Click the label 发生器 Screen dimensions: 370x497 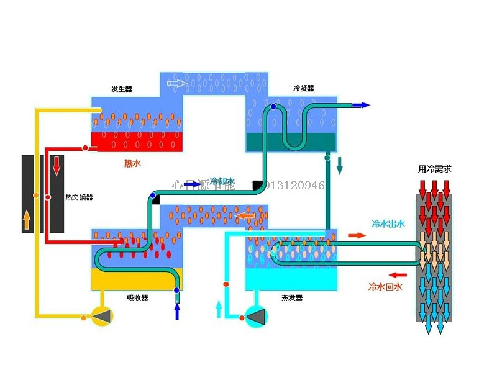point(122,89)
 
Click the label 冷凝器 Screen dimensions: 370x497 point(304,89)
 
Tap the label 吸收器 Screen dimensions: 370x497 point(138,298)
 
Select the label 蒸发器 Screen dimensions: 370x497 point(292,298)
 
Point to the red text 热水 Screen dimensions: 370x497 point(133,164)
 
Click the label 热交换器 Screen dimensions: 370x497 point(79,197)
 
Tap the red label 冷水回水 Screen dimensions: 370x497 point(386,287)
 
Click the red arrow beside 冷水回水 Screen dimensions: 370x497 point(398,274)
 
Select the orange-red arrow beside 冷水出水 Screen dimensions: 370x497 point(357,235)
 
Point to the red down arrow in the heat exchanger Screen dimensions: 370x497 point(57,166)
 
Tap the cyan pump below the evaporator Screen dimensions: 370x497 point(256,317)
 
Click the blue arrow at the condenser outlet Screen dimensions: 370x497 point(360,106)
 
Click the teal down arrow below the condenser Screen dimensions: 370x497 point(340,166)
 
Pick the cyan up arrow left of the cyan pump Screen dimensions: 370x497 point(218,308)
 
